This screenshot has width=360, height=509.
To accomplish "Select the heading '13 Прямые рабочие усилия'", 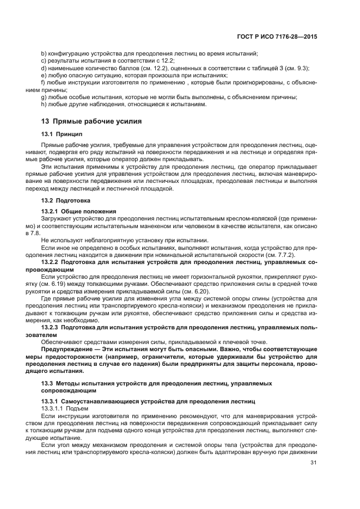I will tap(91, 121).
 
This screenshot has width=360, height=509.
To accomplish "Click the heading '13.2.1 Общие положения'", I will tap(74, 211).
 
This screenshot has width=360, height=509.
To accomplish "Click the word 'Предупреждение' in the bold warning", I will tap(66, 348).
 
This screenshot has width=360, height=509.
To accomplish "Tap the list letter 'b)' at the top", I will tap(45, 53).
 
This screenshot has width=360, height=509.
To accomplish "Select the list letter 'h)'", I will tap(45, 104).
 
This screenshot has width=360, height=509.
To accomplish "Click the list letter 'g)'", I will tap(45, 97).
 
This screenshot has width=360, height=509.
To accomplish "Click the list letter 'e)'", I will tap(45, 75).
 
